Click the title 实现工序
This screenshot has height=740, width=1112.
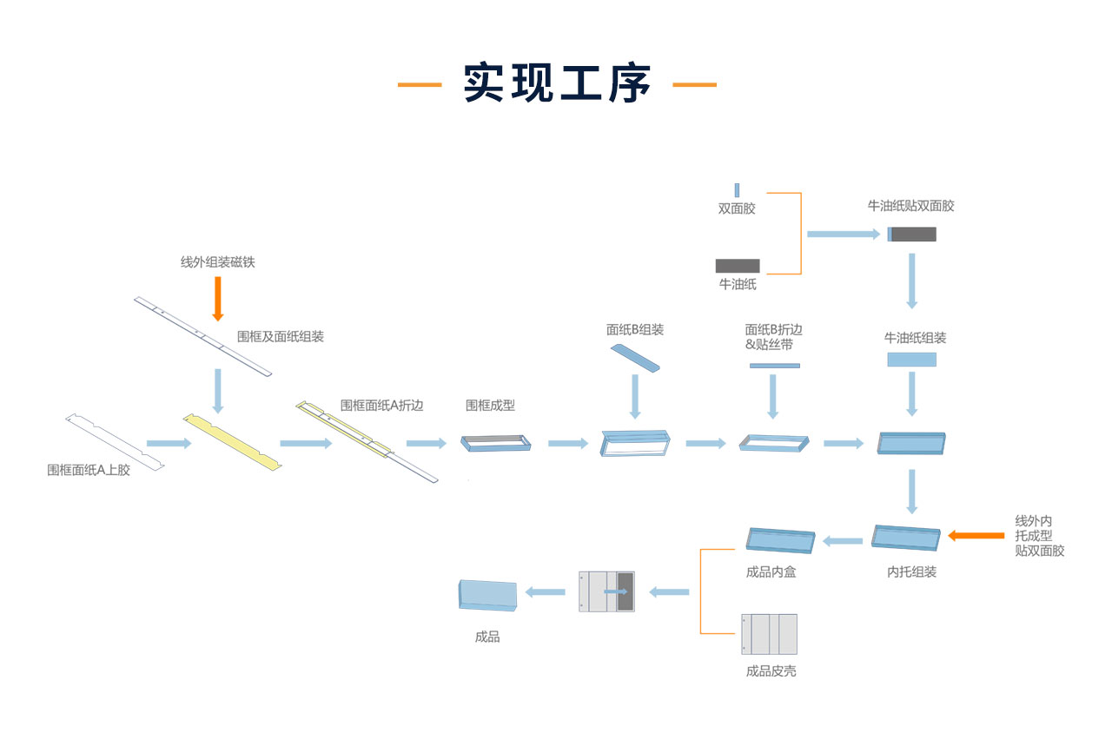tap(557, 84)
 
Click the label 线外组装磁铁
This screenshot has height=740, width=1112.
tap(218, 262)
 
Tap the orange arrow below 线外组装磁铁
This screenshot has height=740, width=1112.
tap(218, 298)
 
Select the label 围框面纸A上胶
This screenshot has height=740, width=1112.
tap(89, 470)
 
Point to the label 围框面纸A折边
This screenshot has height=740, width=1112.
tap(381, 405)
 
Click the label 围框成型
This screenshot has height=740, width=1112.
tap(490, 405)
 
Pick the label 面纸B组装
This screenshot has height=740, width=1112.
tap(635, 330)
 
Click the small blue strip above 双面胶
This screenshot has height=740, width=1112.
tap(737, 190)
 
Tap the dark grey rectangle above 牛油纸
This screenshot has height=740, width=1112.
tap(738, 266)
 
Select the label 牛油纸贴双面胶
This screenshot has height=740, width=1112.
tap(910, 206)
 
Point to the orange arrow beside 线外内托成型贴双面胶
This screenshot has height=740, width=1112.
tap(975, 535)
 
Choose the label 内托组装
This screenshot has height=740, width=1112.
tap(911, 572)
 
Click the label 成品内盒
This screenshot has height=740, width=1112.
tap(771, 572)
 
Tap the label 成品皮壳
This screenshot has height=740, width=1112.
tap(771, 671)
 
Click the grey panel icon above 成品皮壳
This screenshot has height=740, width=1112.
tap(769, 634)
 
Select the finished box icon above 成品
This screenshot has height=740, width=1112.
tap(486, 595)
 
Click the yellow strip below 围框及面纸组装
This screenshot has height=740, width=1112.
tap(234, 441)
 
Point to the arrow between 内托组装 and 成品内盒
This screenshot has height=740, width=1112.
tap(843, 541)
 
